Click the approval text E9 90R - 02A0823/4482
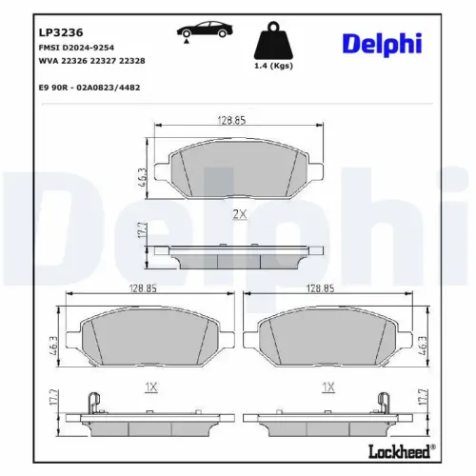(x=91, y=88)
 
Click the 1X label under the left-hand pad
(x=149, y=387)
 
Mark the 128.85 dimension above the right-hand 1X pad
(x=320, y=288)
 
